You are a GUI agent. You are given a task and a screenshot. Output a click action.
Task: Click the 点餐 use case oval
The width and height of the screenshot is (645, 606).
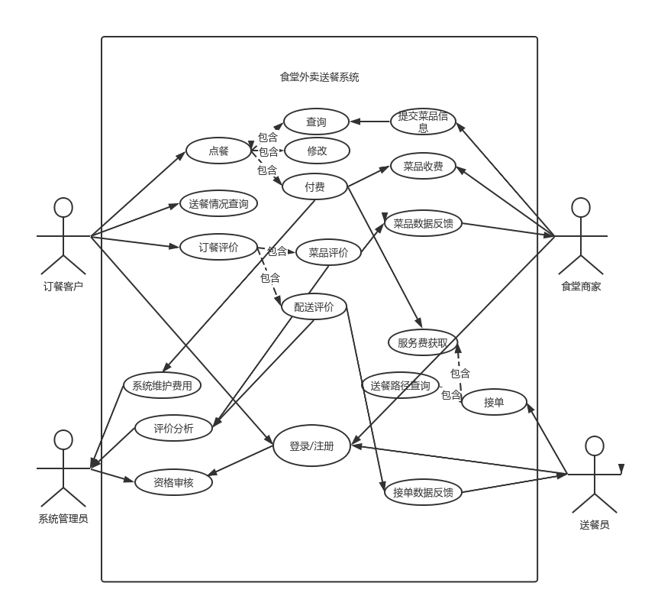click(x=218, y=151)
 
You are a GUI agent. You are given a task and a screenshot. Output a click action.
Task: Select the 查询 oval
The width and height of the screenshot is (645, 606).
click(x=316, y=122)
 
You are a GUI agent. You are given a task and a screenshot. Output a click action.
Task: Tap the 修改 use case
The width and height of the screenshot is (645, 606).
click(x=317, y=151)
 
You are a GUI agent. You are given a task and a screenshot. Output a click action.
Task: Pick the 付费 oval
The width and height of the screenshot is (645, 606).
click(x=314, y=186)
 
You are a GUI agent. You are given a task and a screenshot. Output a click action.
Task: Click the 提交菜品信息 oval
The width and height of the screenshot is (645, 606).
click(x=423, y=122)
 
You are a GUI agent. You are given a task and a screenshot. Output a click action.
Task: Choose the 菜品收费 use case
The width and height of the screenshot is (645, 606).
click(x=423, y=166)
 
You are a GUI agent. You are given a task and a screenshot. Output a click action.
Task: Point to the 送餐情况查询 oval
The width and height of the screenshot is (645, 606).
click(x=218, y=204)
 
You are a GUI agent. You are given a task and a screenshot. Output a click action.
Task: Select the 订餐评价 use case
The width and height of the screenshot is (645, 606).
click(x=218, y=247)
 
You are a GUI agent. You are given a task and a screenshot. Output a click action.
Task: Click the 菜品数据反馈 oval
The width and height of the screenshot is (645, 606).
click(x=423, y=223)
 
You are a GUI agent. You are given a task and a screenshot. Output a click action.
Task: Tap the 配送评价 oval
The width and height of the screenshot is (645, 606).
click(x=314, y=306)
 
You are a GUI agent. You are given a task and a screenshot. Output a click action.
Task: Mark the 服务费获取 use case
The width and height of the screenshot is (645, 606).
click(x=423, y=342)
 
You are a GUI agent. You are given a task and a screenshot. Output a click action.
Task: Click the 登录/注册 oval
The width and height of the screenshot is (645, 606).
click(x=311, y=446)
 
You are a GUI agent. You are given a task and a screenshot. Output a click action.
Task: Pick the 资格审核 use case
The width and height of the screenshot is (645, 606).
click(x=173, y=482)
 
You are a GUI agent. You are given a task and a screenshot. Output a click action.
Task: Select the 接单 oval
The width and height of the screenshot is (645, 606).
click(x=494, y=402)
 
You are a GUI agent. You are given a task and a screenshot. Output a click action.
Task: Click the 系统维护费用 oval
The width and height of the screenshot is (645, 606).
click(x=162, y=385)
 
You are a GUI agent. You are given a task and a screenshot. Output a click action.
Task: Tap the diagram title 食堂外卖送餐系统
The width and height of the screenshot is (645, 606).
click(x=319, y=77)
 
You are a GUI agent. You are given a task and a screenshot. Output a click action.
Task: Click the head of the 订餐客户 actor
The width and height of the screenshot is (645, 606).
click(x=63, y=208)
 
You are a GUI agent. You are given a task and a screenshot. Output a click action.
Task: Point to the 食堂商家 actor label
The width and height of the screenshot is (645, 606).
click(x=581, y=287)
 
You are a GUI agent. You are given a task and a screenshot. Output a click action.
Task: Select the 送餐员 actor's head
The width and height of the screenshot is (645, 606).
click(x=595, y=446)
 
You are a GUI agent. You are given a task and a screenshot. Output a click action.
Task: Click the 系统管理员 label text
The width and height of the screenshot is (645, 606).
click(x=63, y=519)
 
